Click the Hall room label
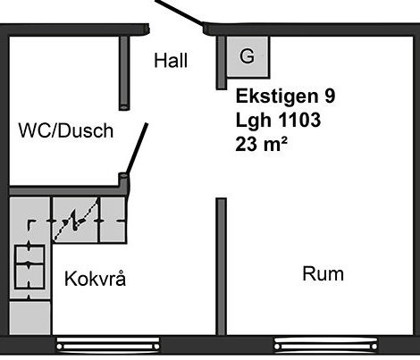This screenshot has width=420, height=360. [x=171, y=61]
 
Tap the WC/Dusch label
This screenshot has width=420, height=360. [x=66, y=130]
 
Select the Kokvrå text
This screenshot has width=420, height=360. [x=95, y=279]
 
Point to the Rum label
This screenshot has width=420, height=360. [x=323, y=273]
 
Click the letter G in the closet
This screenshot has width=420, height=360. [x=247, y=55]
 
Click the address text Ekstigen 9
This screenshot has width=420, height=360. [x=285, y=96]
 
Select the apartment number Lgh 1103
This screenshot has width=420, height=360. [x=278, y=120]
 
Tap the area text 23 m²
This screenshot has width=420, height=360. [x=261, y=144]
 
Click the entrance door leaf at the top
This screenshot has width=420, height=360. [x=180, y=13]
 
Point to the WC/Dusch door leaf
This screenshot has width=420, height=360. [x=137, y=149]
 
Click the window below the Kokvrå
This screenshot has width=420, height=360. [x=108, y=346]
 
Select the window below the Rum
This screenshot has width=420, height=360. [x=326, y=346]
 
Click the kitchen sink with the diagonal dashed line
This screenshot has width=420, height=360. [x=75, y=220]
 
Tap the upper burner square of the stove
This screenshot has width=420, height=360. [x=29, y=255]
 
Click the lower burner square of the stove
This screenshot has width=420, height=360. [x=29, y=277]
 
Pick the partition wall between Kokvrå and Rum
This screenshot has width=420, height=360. [x=221, y=266]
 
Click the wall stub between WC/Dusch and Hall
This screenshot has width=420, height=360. [x=124, y=73]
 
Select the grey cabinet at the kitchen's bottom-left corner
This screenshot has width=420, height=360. [x=30, y=318]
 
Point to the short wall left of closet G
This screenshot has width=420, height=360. [x=221, y=63]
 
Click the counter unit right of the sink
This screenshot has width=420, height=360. [x=113, y=220]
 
